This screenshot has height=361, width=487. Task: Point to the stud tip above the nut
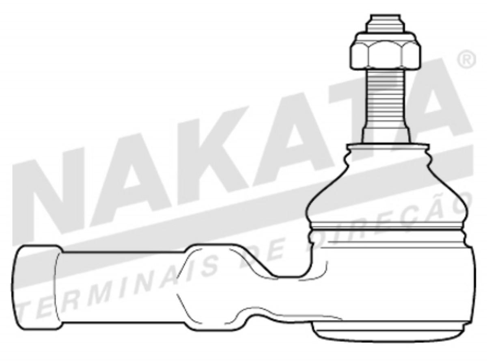383,24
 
